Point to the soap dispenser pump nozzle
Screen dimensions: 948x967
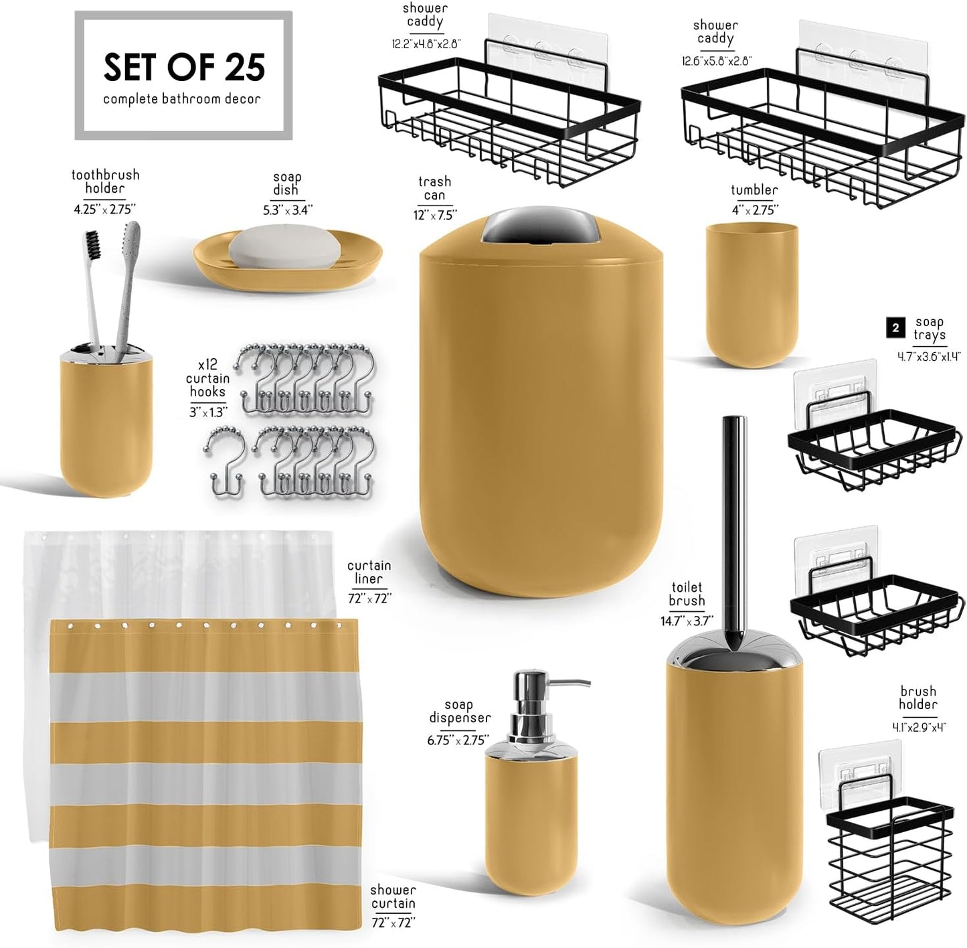click(x=576, y=684)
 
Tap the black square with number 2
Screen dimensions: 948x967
click(x=895, y=327)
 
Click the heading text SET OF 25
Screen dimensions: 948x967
click(x=184, y=67)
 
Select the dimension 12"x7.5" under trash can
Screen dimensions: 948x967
click(x=435, y=215)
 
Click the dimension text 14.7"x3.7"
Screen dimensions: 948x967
click(x=687, y=621)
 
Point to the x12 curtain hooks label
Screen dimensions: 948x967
click(x=207, y=379)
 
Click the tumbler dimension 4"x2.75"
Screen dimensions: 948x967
click(x=754, y=210)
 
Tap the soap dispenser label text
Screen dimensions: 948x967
click(x=459, y=712)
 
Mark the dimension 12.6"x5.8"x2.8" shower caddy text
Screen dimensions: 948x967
click(x=716, y=61)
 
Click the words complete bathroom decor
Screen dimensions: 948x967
click(x=182, y=99)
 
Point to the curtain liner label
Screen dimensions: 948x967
click(x=369, y=572)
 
